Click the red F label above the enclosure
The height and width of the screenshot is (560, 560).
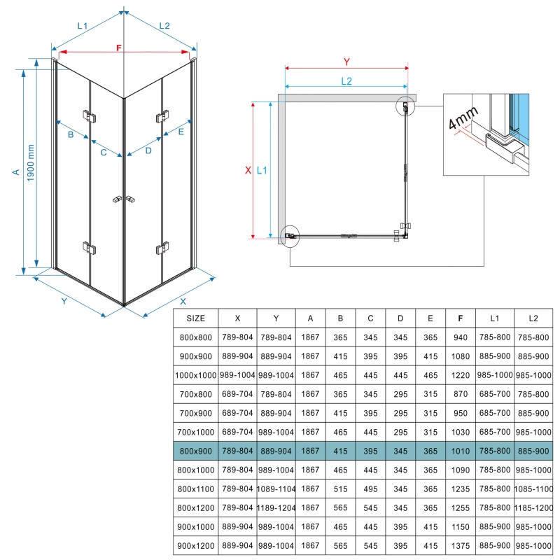pos(119,48)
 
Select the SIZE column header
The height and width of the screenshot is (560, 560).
pos(195,318)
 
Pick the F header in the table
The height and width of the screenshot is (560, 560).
pos(459,318)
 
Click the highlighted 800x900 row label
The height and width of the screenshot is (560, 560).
pos(195,450)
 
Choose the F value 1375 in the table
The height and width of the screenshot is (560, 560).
pos(459,545)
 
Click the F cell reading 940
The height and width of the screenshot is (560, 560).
pos(459,337)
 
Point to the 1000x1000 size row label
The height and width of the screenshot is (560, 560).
pos(195,374)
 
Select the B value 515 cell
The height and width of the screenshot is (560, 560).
pos(340,488)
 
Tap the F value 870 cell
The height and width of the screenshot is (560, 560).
pos(459,393)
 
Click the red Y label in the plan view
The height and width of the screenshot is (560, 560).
pos(346,60)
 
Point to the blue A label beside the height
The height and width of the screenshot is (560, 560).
pos(15,171)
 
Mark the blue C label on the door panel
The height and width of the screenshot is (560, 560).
pos(103,152)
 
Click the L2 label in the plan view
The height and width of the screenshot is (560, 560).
pos(346,80)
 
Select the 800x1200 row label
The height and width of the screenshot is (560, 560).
pos(195,507)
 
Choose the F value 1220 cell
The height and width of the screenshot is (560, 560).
pos(459,374)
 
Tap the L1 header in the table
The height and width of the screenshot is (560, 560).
pos(495,318)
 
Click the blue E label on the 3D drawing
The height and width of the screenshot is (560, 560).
pos(181,132)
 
